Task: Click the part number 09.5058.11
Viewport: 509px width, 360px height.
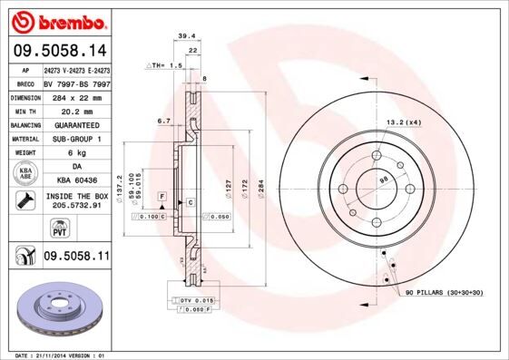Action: coord(76,257)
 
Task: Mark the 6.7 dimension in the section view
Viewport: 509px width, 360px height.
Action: coord(163,120)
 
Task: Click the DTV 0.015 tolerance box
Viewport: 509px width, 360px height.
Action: coord(194,299)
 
